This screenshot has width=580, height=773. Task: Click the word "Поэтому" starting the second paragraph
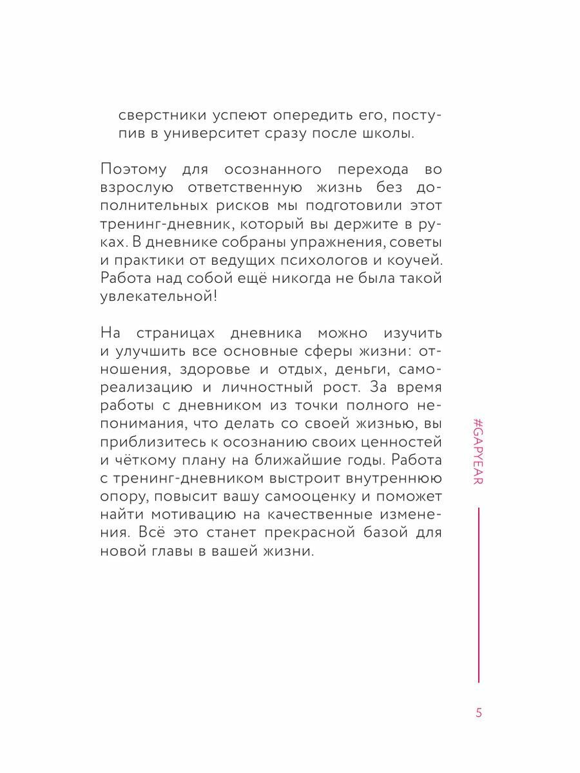pyautogui.click(x=135, y=170)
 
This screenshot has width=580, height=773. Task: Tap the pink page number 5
pyautogui.click(x=478, y=713)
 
